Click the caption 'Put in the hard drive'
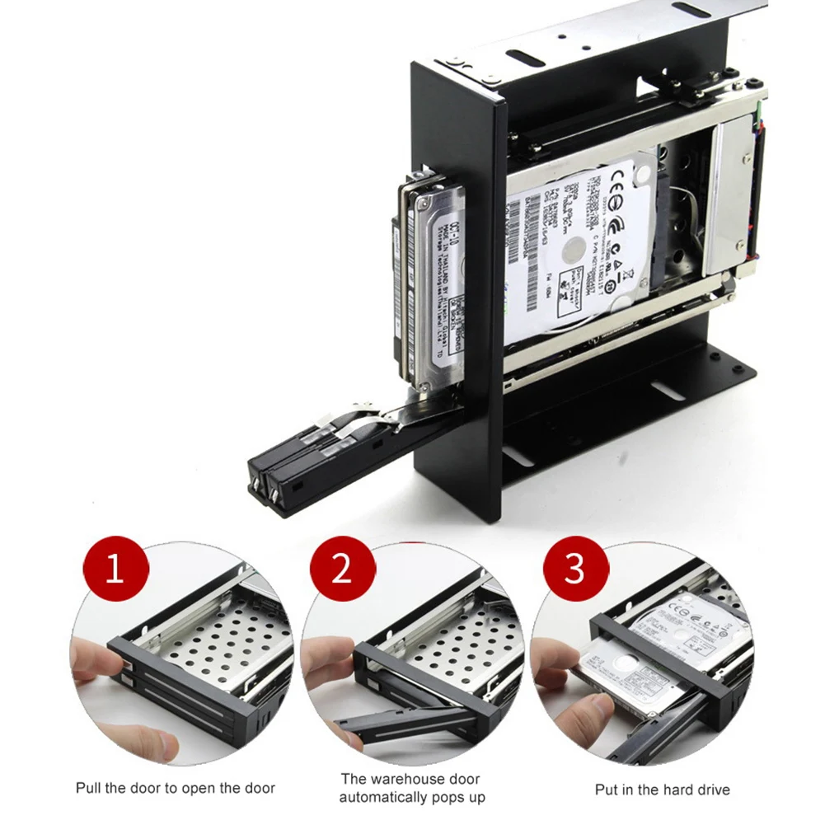[662, 790]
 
